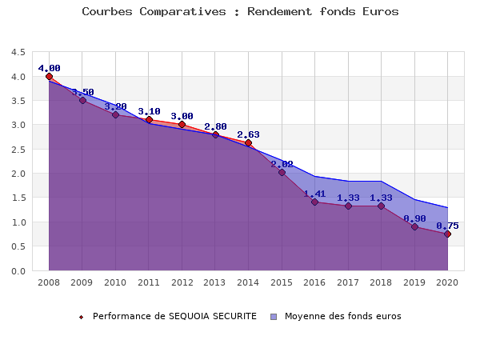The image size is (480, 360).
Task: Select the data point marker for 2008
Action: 49,76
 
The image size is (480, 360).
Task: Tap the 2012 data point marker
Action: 182,125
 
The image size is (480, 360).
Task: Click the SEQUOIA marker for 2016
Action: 314,202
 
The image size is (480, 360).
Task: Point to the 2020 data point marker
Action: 447,234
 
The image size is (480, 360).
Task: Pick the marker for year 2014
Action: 248,142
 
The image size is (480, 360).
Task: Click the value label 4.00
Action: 49,68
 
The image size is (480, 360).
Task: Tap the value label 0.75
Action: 447,226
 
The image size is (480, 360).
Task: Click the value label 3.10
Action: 149,112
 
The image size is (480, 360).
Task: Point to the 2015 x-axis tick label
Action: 282,282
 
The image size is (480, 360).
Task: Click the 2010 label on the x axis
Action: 115,282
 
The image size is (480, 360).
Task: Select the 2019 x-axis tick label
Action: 414,282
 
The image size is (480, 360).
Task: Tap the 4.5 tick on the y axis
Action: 18,52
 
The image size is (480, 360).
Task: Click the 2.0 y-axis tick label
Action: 18,174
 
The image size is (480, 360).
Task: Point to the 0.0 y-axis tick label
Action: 18,270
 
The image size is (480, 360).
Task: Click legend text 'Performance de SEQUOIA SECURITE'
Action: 174,316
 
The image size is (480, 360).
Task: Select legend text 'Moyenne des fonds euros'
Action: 342,316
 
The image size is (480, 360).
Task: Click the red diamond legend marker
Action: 81,317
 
